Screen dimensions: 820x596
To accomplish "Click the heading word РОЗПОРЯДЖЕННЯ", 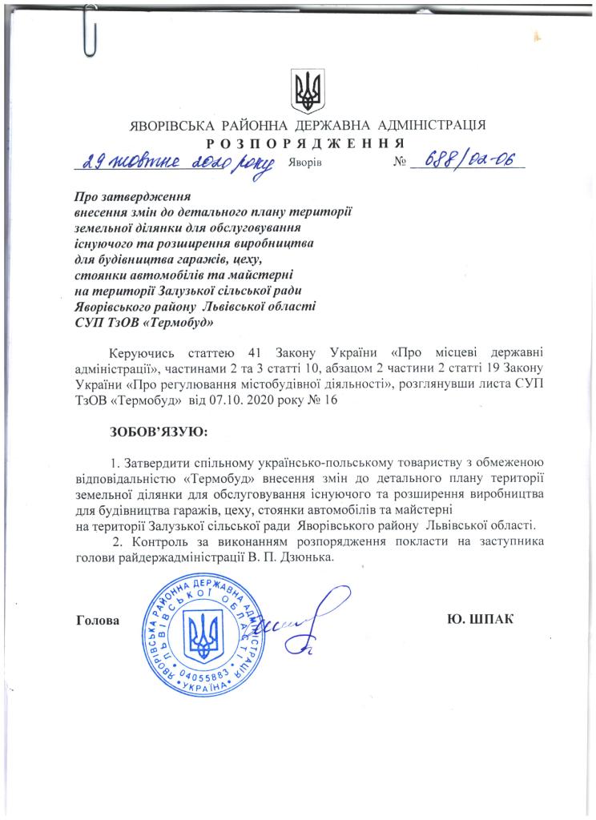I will pos(304,143).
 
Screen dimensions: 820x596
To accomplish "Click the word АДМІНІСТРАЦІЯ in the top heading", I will pos(431,126).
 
